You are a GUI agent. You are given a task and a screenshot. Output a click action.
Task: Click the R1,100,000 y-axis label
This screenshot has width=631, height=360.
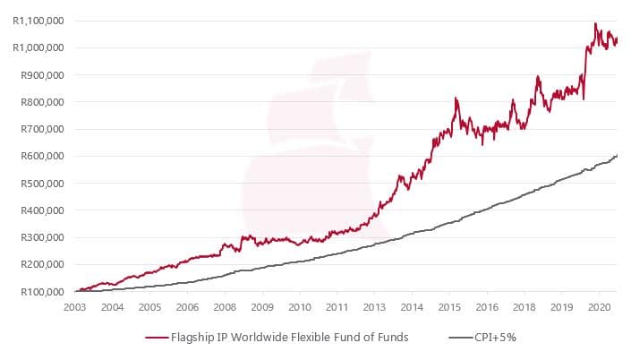coord(38,21)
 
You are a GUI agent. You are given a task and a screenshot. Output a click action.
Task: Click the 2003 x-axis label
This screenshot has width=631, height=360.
coord(74,307)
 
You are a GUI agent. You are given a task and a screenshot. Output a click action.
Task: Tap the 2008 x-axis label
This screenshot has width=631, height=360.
coord(224,307)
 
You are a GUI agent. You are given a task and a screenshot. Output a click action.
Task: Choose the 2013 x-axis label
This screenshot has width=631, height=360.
coord(374,307)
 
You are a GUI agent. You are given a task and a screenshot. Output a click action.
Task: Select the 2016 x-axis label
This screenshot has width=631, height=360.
coord(486,307)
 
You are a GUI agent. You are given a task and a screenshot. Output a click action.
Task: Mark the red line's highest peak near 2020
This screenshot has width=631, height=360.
coord(596,23)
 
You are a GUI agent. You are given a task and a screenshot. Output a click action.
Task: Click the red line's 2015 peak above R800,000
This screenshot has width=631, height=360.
coord(456,98)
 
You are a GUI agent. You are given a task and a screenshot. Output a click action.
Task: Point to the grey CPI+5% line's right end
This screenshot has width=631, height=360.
coord(618,156)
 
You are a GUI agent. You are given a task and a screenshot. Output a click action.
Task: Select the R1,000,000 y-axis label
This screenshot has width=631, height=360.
coord(38,47)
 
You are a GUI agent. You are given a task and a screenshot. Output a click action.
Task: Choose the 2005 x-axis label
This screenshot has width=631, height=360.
coord(149,307)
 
